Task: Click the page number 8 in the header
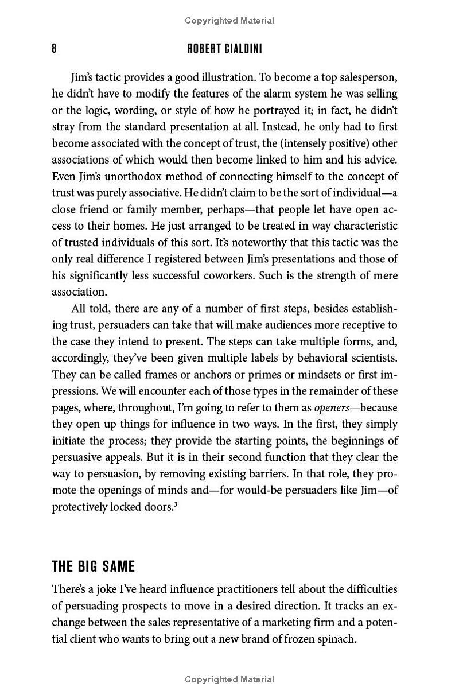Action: (54, 49)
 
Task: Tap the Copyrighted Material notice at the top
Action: (229, 21)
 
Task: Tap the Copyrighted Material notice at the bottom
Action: (229, 679)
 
